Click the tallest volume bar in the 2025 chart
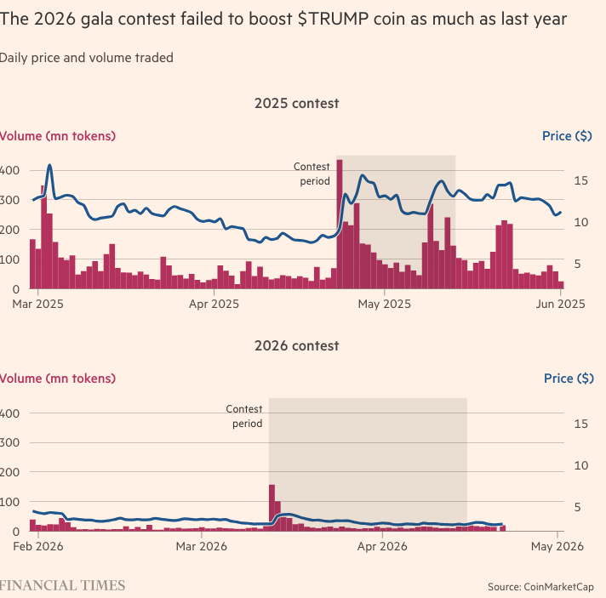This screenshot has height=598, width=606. click(340, 225)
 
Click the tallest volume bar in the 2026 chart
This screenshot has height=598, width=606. click(272, 508)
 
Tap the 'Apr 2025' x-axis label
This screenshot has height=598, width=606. click(213, 303)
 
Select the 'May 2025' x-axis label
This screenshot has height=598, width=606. click(384, 303)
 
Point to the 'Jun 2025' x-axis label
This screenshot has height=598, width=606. click(559, 303)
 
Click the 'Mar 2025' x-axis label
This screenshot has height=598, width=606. click(38, 303)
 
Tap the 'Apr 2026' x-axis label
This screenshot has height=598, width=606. click(382, 546)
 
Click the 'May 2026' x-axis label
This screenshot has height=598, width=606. click(557, 546)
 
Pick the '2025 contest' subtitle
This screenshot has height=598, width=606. click(296, 104)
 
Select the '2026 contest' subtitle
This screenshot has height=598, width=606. click(296, 346)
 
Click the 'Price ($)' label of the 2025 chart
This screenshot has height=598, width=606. click(568, 136)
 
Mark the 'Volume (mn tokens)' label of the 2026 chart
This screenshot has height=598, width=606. click(58, 379)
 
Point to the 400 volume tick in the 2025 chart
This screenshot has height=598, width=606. click(10, 171)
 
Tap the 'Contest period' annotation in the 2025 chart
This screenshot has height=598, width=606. click(312, 174)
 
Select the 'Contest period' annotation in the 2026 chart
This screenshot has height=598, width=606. click(243, 416)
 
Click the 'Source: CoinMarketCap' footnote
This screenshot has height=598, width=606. click(540, 587)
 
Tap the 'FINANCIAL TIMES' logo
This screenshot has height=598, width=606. click(63, 585)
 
